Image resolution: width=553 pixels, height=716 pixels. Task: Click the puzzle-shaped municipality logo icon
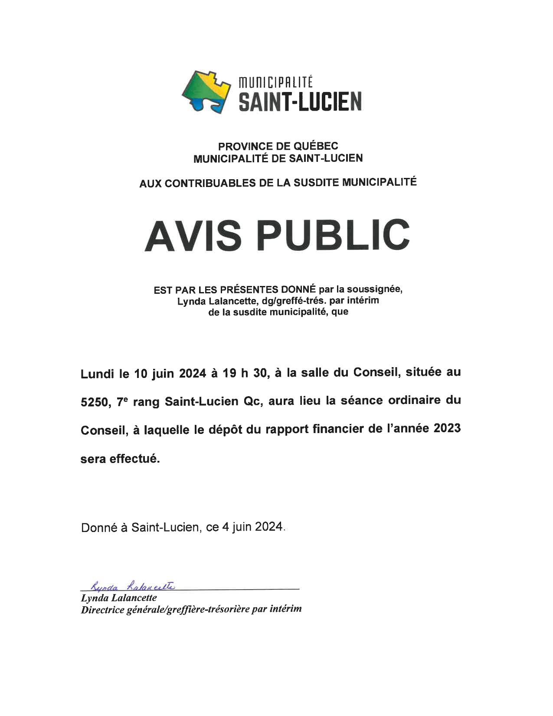[206, 91]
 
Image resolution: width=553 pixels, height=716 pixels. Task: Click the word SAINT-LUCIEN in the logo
[300, 102]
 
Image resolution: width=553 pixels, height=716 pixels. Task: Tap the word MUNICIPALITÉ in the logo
[276, 81]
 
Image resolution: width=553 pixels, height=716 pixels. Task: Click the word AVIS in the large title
[193, 235]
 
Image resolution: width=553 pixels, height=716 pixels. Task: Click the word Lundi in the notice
[97, 374]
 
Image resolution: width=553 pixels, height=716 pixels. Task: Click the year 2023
[447, 429]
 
